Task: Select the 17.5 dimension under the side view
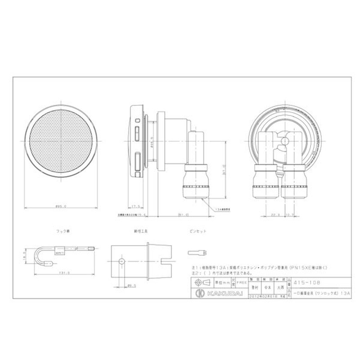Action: (135, 207)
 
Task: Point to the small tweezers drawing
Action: (197, 252)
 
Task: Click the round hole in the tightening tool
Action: (121, 261)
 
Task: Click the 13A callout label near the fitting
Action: (223, 209)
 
